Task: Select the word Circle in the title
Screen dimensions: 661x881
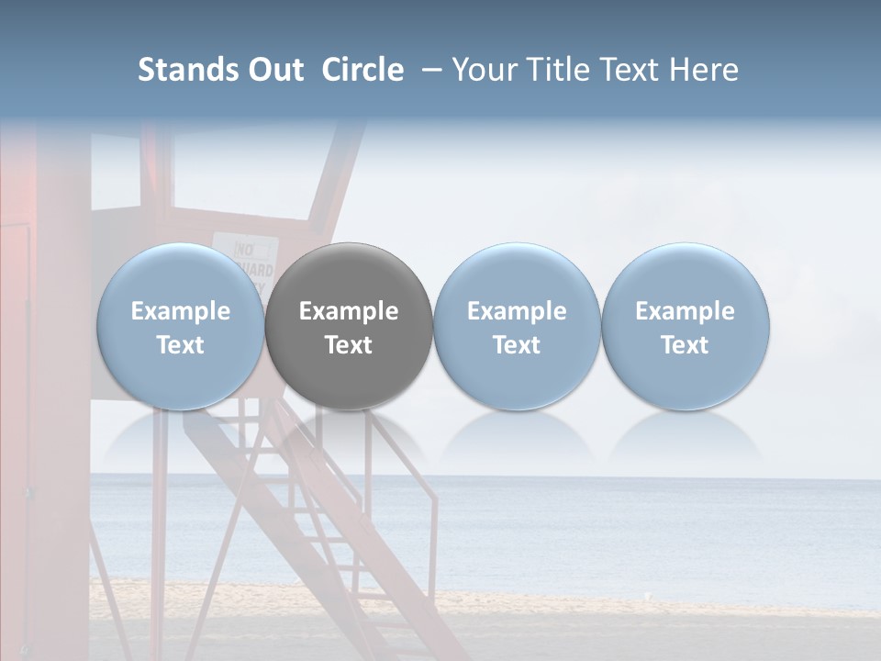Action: (362, 70)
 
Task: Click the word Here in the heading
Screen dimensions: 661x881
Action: (704, 70)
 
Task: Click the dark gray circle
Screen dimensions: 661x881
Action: (349, 326)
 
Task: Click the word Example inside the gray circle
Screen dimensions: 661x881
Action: (349, 311)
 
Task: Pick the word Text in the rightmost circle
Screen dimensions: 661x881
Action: (685, 345)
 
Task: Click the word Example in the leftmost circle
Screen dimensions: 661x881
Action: (181, 311)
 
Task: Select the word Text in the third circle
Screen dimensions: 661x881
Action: (517, 345)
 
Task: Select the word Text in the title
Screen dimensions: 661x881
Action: (629, 70)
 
